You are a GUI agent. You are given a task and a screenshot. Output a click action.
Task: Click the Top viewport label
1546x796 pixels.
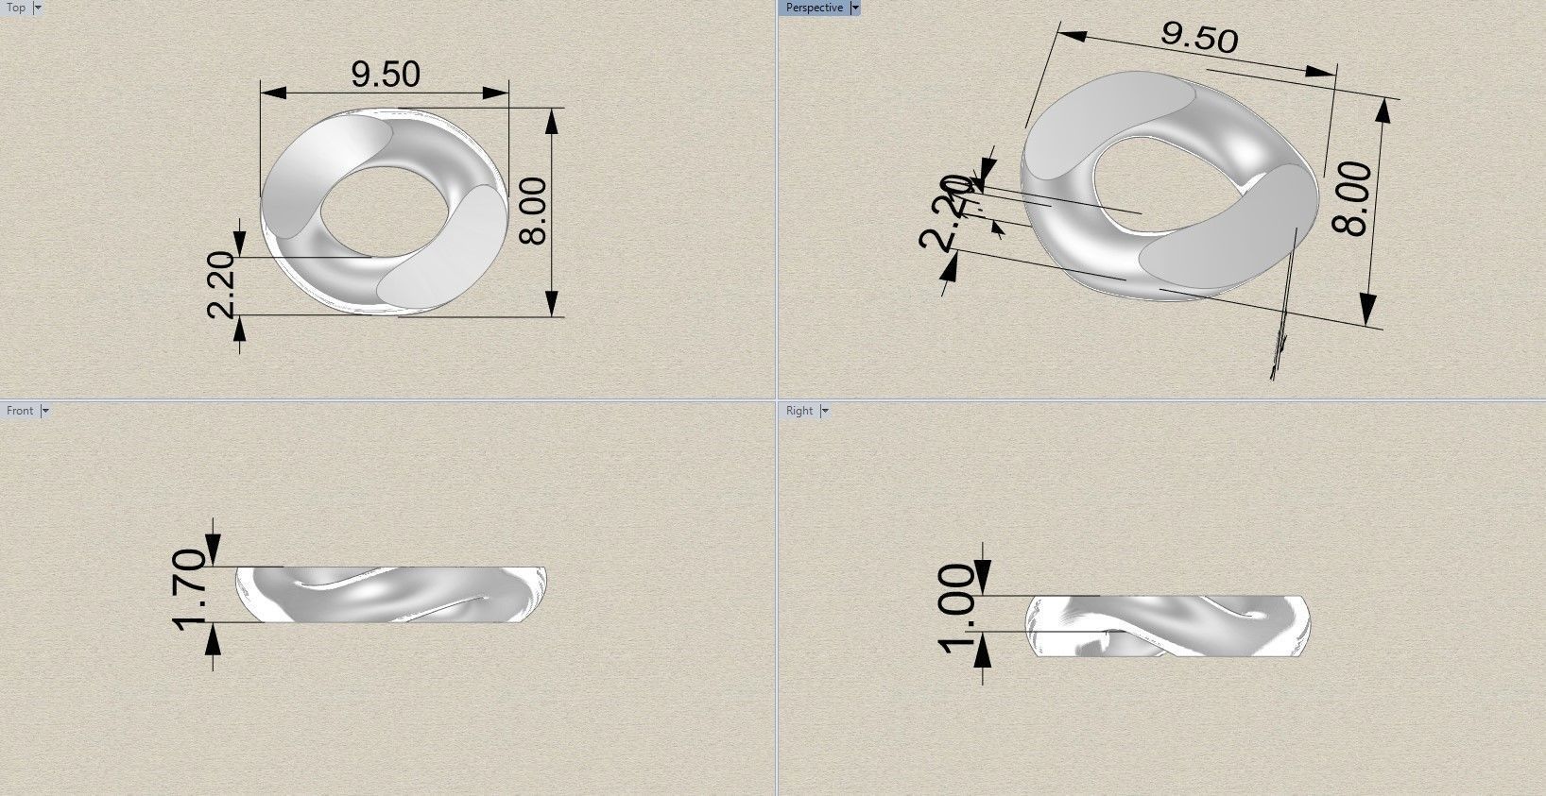click(16, 8)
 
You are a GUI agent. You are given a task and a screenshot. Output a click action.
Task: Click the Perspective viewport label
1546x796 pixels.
click(814, 8)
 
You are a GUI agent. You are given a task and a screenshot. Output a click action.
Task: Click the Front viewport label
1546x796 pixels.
click(20, 411)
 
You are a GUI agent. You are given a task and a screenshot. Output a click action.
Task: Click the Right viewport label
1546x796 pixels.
click(799, 411)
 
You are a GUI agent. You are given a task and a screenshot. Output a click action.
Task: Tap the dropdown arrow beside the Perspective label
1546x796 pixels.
click(855, 8)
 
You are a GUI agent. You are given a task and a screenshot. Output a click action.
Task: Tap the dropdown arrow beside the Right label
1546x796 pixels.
click(824, 411)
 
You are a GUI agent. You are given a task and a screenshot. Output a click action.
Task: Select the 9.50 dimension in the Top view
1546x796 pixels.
click(385, 74)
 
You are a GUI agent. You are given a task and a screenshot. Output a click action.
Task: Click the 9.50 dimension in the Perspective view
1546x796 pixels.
click(1198, 37)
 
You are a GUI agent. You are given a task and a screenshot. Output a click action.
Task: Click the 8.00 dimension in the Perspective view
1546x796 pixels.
click(1353, 198)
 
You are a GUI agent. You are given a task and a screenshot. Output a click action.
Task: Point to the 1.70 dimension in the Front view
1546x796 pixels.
click(190, 587)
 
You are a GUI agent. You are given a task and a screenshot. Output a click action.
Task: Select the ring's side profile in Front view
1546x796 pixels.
click(389, 595)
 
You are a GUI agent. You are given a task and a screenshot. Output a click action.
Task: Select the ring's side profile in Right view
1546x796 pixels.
click(1169, 627)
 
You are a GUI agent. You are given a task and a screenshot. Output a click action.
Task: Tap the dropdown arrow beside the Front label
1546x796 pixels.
click(44, 411)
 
